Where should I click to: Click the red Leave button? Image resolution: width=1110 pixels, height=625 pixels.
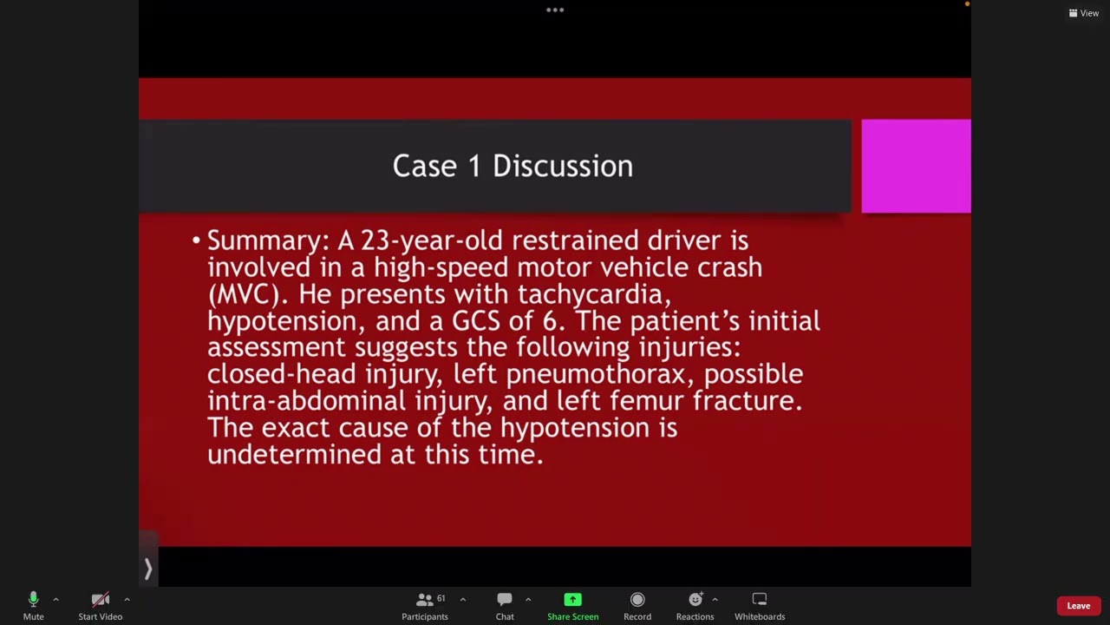pos(1078,606)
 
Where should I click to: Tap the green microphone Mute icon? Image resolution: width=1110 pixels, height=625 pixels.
pos(33,599)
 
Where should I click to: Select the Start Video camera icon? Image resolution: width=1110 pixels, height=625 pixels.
pos(100,599)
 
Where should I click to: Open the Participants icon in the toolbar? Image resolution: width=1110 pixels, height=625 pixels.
pos(424,599)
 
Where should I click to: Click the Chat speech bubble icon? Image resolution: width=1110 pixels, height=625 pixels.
pos(505,599)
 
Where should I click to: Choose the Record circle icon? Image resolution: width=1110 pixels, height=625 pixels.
pos(637,599)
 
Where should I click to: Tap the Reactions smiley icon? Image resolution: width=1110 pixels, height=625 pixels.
pos(695,599)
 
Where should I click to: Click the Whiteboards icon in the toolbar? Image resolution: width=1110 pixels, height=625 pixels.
pos(760,599)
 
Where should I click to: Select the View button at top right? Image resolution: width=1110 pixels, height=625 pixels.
pos(1084,13)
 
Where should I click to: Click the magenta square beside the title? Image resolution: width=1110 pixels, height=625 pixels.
pos(916,166)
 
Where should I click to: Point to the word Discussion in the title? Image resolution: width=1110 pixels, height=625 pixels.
pos(562,166)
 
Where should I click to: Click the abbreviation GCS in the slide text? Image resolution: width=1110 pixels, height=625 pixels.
pos(476,321)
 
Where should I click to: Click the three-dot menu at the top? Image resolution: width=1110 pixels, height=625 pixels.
pos(555,10)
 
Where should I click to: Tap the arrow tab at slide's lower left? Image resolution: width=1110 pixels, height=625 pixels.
pos(148,569)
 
